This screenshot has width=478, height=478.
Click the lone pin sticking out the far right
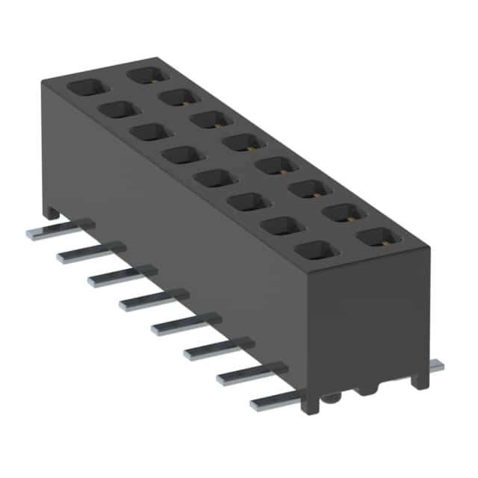click(436, 366)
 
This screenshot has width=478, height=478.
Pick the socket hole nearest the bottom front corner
click(314, 252)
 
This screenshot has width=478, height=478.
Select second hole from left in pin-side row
click(116, 110)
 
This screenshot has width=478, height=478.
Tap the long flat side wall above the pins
click(179, 224)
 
